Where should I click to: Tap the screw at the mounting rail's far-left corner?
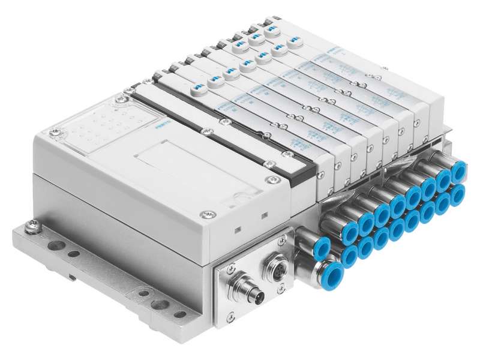(32, 227)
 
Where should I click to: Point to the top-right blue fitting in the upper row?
(460, 172)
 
